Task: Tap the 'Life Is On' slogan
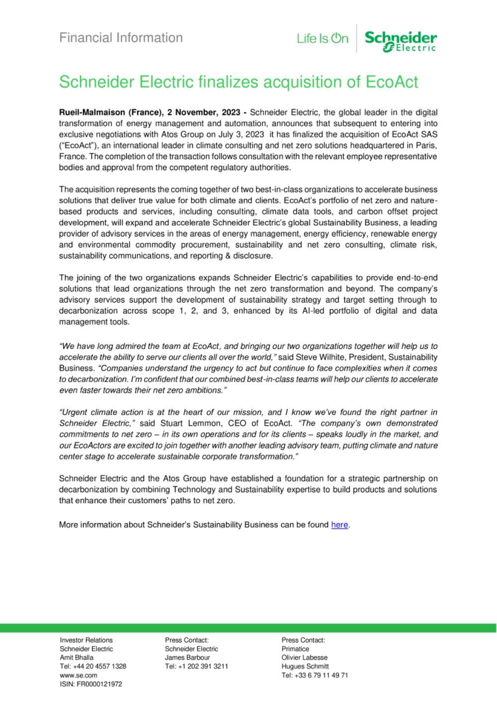point(323,39)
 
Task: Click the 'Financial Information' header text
point(121,38)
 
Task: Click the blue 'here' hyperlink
point(339,525)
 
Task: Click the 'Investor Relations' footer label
point(86,640)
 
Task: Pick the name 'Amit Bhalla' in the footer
point(77,657)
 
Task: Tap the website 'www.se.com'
point(79,675)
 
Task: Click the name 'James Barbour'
point(187,657)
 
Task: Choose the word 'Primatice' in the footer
point(295,649)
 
